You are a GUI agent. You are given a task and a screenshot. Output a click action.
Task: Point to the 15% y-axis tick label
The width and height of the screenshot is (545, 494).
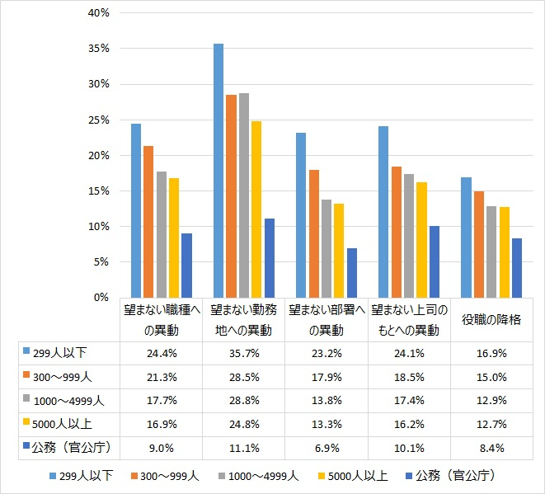pos(97,191)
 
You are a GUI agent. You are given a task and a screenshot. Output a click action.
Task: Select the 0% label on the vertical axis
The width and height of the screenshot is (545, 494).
pos(101,297)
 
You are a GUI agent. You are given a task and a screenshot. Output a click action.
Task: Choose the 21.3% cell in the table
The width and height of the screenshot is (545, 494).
pos(161,378)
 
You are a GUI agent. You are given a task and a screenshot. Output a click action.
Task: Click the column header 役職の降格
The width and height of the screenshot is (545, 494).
pos(491,319)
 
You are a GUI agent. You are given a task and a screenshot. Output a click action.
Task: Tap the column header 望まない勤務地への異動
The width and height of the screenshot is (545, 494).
pos(243,320)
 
